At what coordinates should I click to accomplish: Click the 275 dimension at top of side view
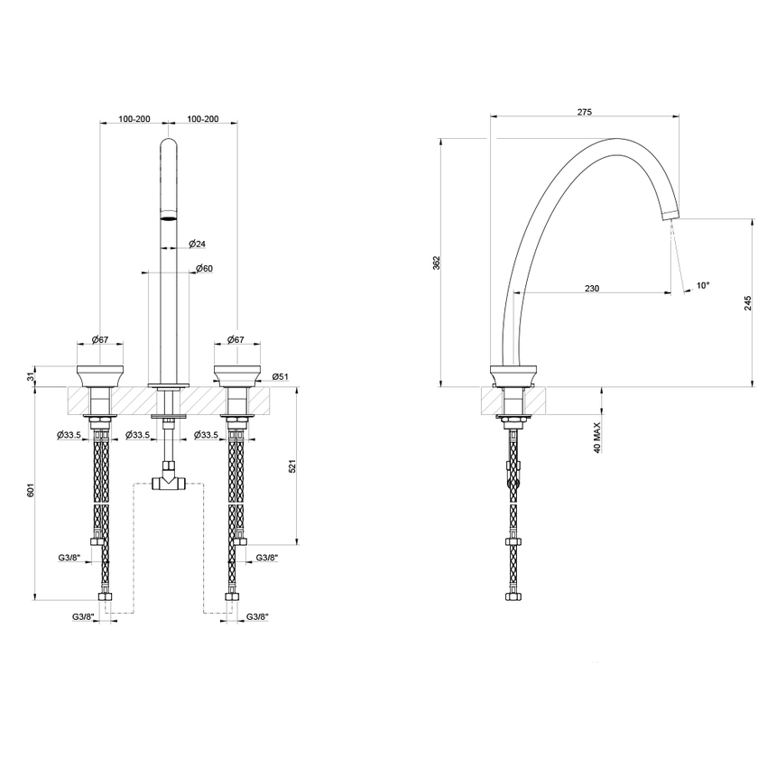coord(584,112)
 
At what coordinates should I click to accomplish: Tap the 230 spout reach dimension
coord(592,288)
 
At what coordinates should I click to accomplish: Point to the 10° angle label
coord(702,285)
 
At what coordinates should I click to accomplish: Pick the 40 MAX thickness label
coord(597,434)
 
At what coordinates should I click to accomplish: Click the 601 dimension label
coord(31,491)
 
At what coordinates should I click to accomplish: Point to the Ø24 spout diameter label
coord(198,244)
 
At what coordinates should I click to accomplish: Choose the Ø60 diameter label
coord(203,268)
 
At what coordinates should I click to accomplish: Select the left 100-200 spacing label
coord(134,119)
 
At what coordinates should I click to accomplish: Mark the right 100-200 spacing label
coord(202,119)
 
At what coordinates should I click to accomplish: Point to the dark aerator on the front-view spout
coord(168,217)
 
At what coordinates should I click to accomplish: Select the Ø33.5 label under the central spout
coord(138,435)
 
